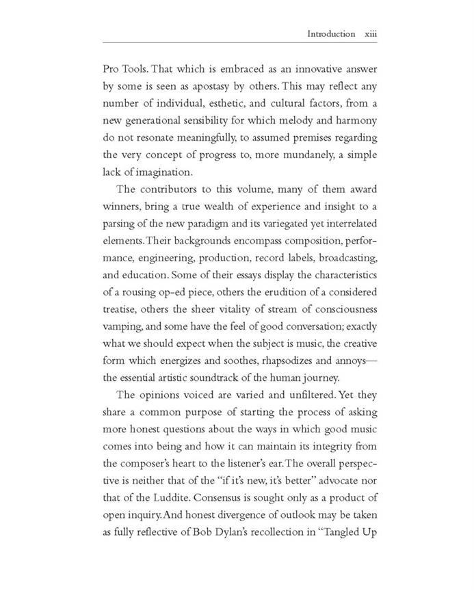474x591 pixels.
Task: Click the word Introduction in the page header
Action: [x=331, y=34]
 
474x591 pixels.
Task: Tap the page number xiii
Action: [x=370, y=34]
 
